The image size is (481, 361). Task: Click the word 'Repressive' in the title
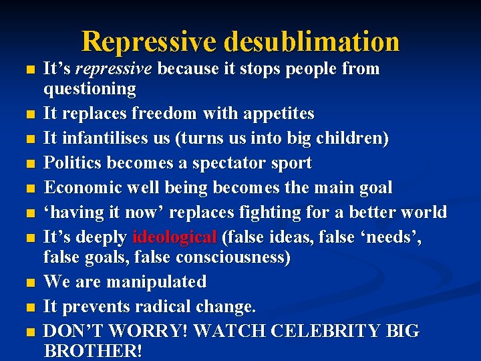point(149,41)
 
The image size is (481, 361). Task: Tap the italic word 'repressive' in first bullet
point(114,69)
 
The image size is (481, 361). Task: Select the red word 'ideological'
point(174,237)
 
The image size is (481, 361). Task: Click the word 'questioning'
point(90,89)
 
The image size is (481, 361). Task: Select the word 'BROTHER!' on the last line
point(93,351)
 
